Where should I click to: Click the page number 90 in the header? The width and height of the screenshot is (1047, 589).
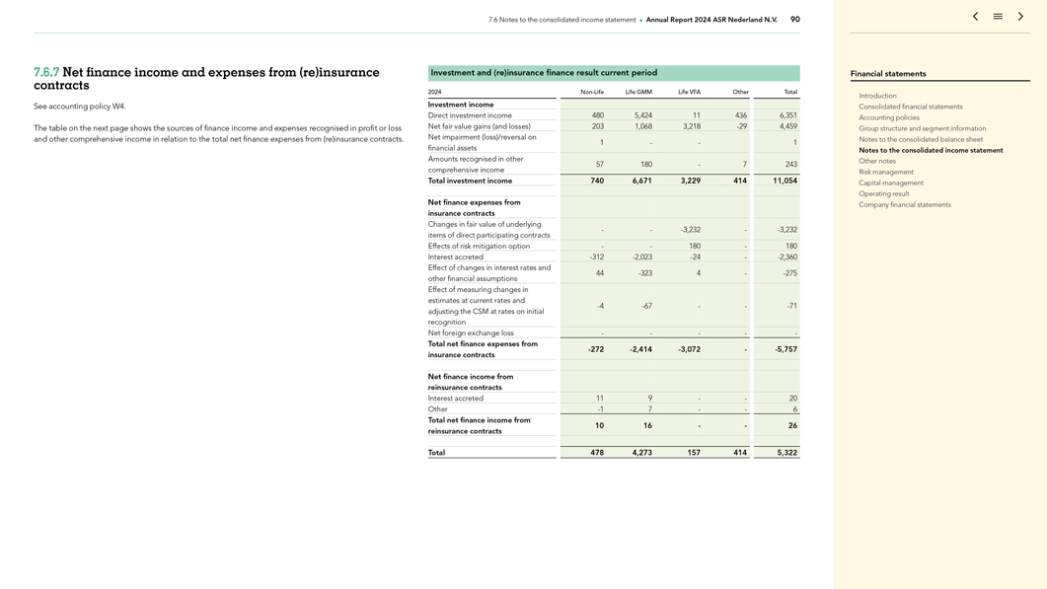(x=795, y=20)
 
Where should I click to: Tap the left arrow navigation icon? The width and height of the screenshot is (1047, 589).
(x=975, y=17)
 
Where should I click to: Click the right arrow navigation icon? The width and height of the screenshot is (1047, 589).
(x=1020, y=17)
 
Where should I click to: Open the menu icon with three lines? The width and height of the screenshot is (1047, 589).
(x=998, y=17)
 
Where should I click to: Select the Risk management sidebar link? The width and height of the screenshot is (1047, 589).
(x=885, y=172)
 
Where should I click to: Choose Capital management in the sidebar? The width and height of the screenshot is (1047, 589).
(x=890, y=183)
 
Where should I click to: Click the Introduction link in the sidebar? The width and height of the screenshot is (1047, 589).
(x=877, y=96)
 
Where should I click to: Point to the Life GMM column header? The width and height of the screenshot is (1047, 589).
(x=638, y=92)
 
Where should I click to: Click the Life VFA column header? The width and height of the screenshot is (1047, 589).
(x=689, y=92)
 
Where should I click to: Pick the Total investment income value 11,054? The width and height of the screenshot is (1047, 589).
(x=785, y=181)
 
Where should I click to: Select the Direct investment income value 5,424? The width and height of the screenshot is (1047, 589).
(x=642, y=115)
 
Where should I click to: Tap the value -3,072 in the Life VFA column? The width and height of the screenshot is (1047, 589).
(x=687, y=349)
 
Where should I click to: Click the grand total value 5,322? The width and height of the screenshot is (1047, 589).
(x=786, y=453)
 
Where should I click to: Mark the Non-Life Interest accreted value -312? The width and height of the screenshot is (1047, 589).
(x=596, y=258)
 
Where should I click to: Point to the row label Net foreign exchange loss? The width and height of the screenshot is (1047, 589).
(x=471, y=333)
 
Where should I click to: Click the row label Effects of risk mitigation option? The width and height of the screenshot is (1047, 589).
(x=479, y=246)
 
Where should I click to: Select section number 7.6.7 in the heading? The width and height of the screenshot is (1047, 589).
(x=46, y=73)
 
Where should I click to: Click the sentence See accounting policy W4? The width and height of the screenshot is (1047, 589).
(x=80, y=107)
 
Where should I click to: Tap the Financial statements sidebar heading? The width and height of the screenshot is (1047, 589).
(x=888, y=74)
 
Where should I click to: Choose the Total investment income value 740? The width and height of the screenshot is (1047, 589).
(x=597, y=181)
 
